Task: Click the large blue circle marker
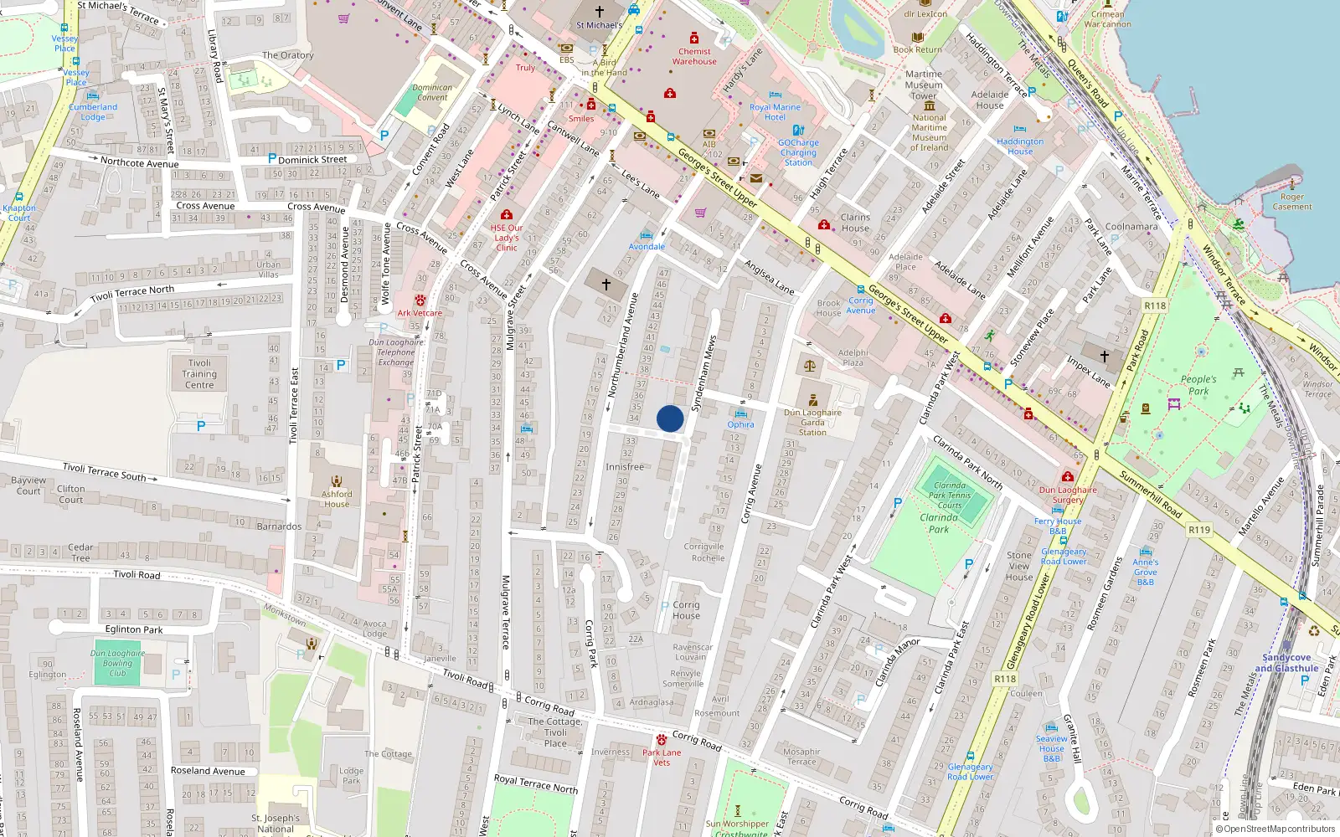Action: point(670,418)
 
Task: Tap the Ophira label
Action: point(740,424)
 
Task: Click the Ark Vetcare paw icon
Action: point(420,300)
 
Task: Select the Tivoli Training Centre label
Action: point(199,374)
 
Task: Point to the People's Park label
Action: point(1198,385)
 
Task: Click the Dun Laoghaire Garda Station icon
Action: point(813,400)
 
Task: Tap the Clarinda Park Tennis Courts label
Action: point(950,495)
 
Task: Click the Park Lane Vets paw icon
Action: point(662,740)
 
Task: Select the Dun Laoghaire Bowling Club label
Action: point(117,663)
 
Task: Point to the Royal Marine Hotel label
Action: point(775,112)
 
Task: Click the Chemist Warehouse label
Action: point(694,56)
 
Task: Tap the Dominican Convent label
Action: point(432,92)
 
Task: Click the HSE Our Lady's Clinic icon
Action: point(507,215)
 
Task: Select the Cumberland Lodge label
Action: point(93,112)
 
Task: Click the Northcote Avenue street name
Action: point(139,163)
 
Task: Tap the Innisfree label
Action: point(625,467)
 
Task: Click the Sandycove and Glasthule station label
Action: point(1286,663)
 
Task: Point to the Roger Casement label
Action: point(1292,202)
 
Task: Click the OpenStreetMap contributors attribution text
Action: point(1279,829)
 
